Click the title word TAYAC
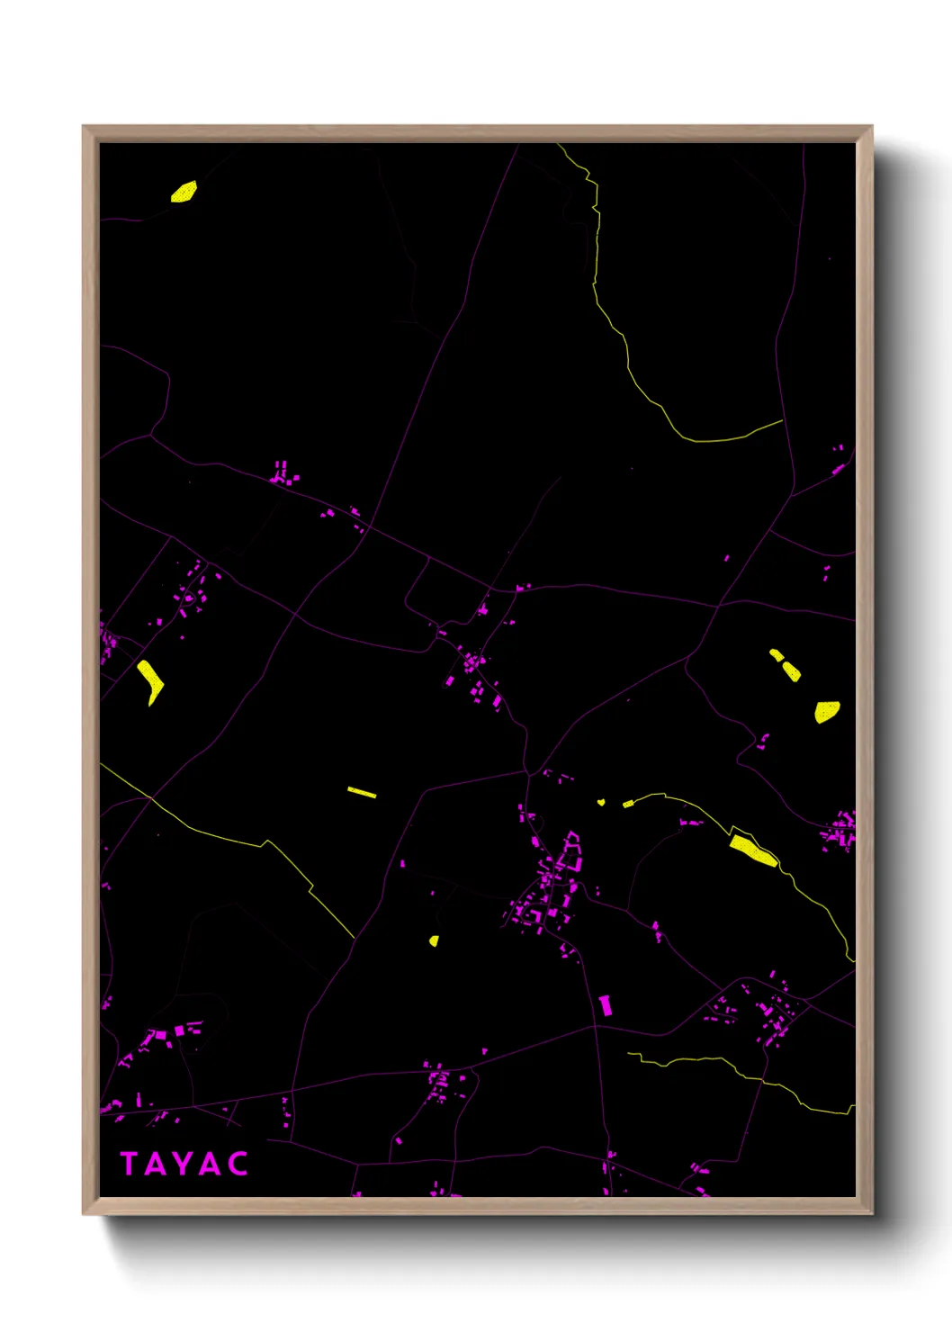[184, 1164]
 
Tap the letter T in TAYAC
[129, 1164]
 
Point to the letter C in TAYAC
[238, 1164]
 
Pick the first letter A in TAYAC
[155, 1164]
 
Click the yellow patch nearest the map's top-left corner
[184, 193]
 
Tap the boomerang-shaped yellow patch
[149, 680]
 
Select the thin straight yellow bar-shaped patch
[362, 792]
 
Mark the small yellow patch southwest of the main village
[434, 940]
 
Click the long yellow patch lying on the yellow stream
[752, 850]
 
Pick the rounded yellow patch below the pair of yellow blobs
[827, 711]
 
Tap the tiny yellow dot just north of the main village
[601, 801]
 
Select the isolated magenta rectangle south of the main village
[606, 1004]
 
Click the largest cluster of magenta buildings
[549, 886]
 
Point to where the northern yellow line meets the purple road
[782, 420]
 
